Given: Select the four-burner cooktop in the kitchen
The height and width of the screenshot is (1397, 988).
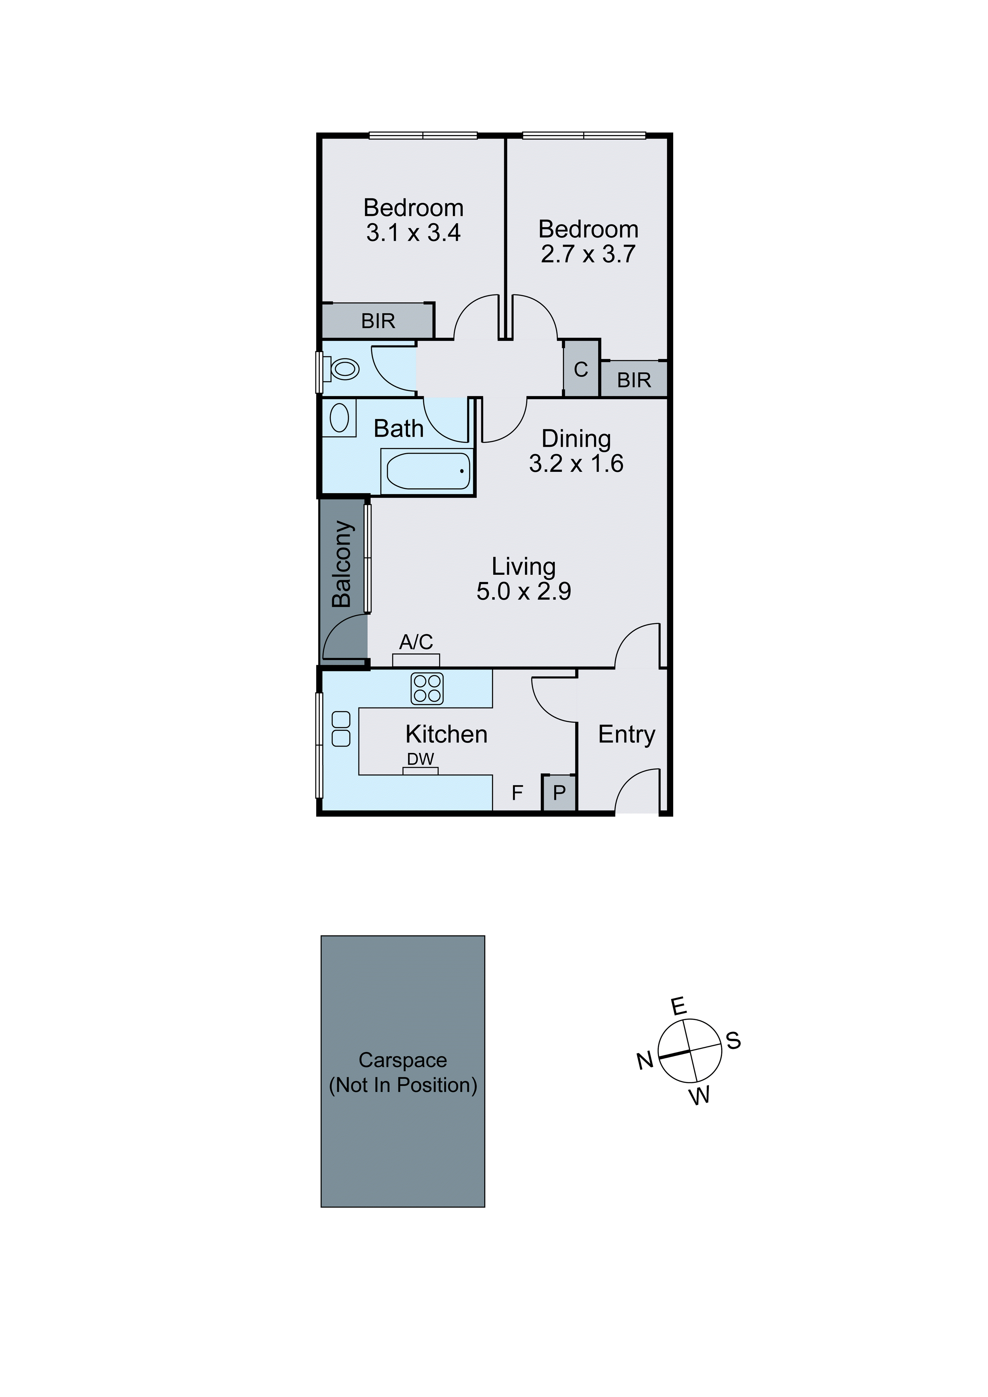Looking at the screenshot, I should pyautogui.click(x=427, y=689).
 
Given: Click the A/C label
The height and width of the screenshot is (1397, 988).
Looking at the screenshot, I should pyautogui.click(x=416, y=642).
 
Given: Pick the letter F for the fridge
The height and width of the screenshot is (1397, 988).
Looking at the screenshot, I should pyautogui.click(x=517, y=793).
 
